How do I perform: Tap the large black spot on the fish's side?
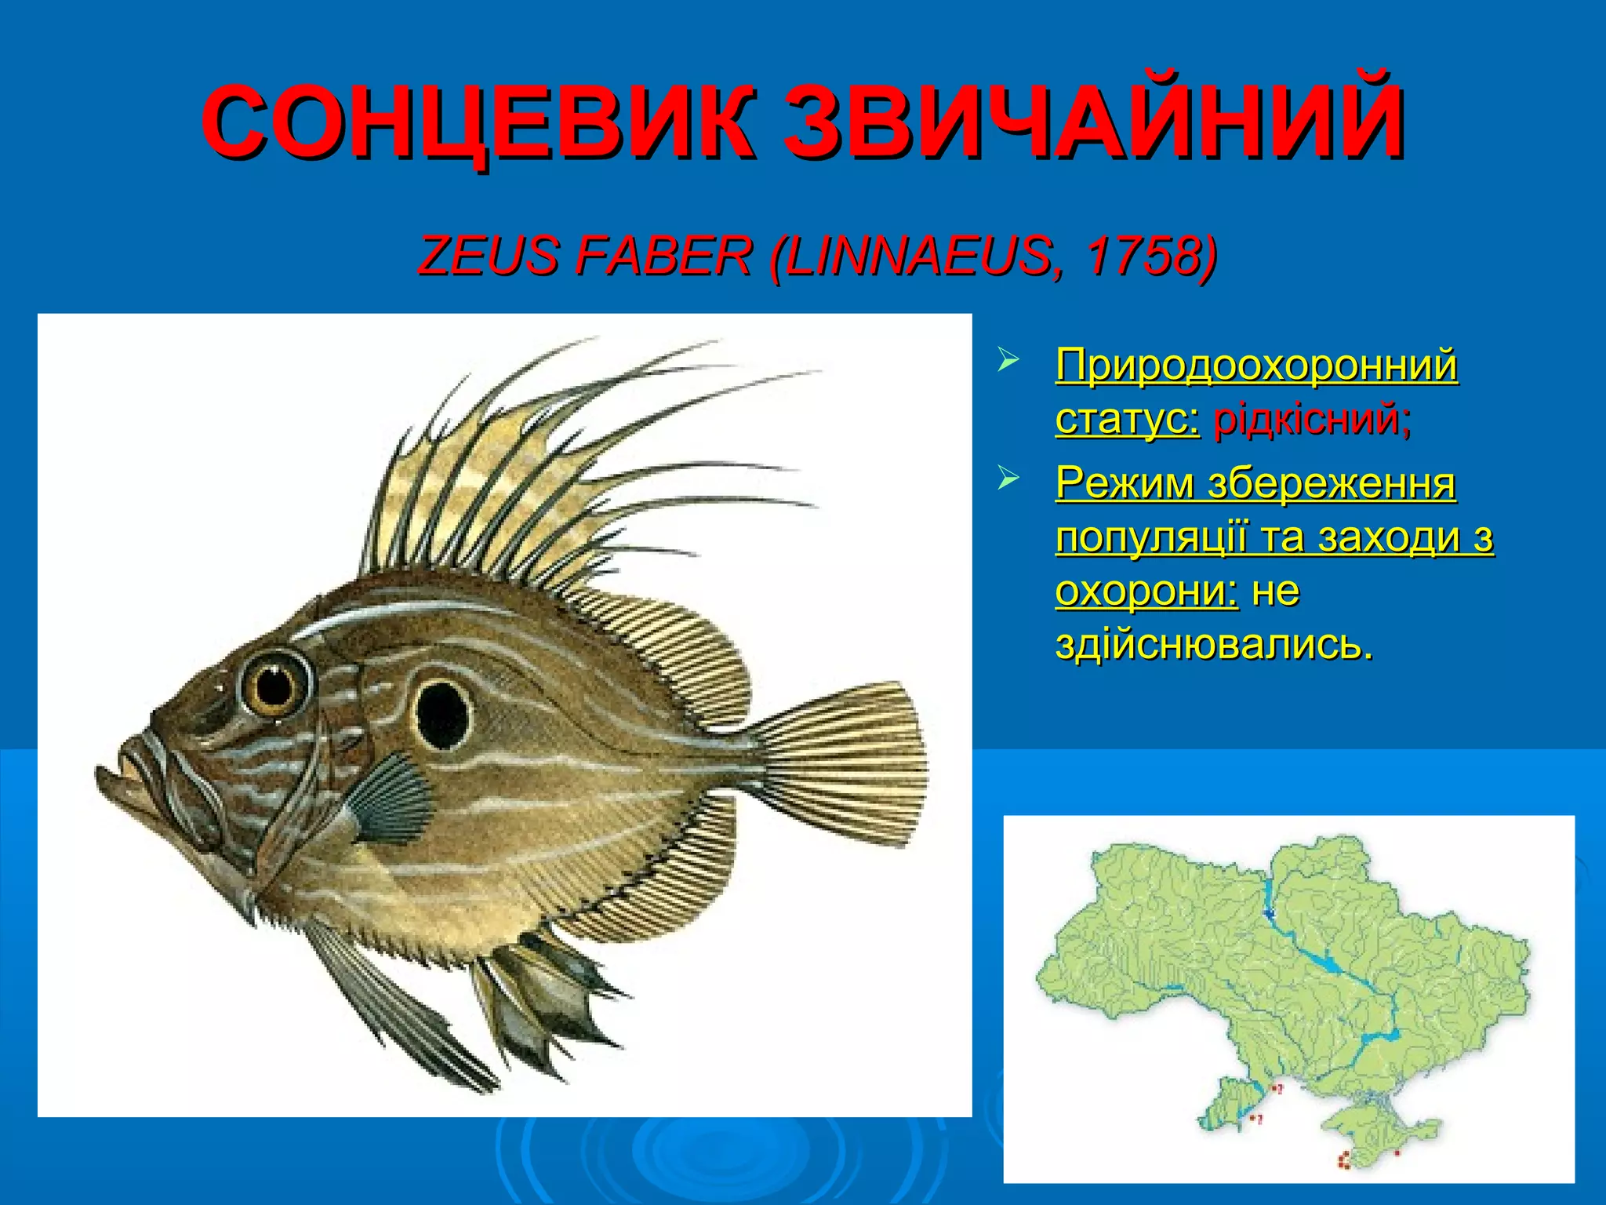442,715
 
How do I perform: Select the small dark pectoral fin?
392,800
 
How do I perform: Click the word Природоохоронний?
1256,366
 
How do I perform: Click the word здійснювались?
1214,645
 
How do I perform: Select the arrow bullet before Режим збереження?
1008,479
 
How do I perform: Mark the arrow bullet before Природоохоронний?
1008,361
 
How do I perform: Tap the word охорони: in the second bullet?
1146,592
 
